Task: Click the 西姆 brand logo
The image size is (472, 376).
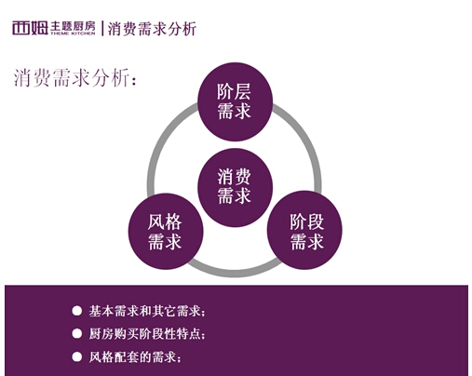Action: (x=30, y=28)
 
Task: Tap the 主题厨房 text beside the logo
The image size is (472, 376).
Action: (x=73, y=27)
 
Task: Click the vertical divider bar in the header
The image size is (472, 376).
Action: (x=102, y=28)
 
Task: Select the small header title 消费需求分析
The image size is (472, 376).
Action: (x=152, y=29)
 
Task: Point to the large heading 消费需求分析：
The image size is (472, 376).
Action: (x=75, y=77)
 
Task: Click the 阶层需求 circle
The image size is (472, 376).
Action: (x=235, y=101)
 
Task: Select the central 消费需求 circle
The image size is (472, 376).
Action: (x=235, y=187)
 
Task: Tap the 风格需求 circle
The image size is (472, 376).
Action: (x=166, y=232)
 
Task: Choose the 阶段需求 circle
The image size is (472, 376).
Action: (x=304, y=230)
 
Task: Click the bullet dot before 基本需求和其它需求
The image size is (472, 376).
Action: (x=76, y=311)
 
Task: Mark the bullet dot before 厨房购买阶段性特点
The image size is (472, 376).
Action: (x=76, y=334)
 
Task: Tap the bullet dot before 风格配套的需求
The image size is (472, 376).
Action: (x=76, y=356)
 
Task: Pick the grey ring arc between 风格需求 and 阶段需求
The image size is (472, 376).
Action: (x=235, y=273)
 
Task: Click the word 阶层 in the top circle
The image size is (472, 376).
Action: (x=234, y=92)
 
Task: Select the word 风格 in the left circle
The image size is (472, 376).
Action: (x=165, y=222)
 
